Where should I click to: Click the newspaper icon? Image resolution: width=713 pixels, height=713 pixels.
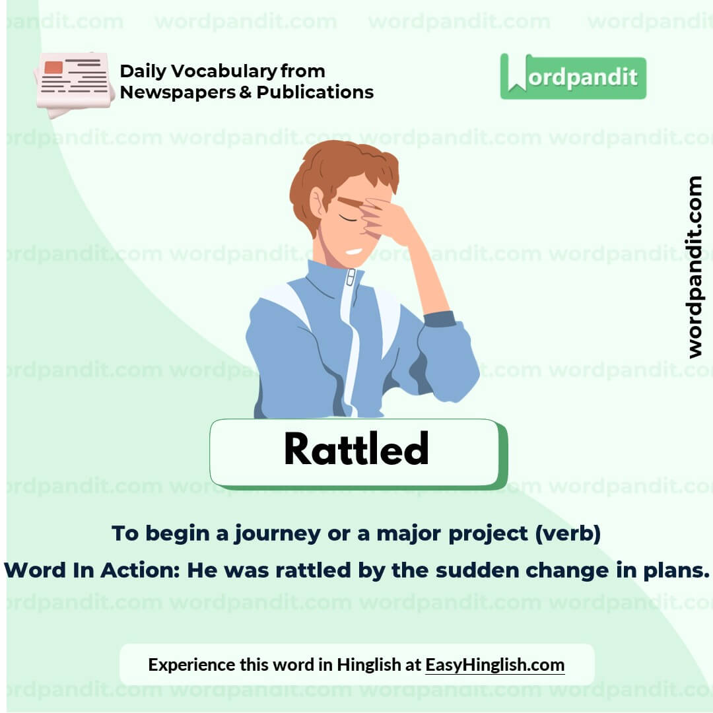(74, 82)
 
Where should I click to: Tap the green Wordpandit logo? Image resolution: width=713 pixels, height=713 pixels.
(573, 77)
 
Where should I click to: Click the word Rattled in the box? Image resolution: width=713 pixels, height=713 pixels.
(356, 450)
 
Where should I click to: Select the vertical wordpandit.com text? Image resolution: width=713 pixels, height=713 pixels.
(695, 267)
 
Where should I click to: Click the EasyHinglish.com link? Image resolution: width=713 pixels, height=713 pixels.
(494, 664)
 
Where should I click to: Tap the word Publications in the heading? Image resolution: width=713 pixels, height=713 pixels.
(315, 92)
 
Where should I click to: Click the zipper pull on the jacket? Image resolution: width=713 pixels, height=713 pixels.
(351, 277)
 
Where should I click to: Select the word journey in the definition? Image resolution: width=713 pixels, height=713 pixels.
(278, 533)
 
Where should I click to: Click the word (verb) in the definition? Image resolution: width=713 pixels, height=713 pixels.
(568, 533)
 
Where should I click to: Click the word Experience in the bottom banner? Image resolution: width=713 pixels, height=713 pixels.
(191, 664)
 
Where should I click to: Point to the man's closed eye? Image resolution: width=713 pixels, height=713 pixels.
(347, 219)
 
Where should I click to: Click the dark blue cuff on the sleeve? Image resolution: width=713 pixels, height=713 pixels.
(439, 319)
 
